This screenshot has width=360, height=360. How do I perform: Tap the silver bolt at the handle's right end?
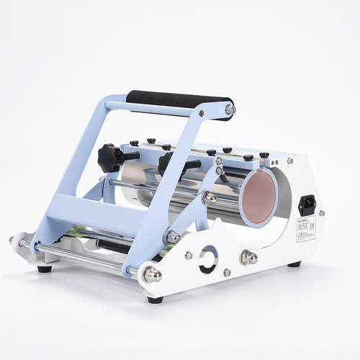point(230,109)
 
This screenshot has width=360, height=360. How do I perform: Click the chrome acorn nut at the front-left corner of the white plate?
point(152,273)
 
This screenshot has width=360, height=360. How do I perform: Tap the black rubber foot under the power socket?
point(294,264)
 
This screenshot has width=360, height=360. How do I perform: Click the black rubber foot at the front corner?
point(154,299)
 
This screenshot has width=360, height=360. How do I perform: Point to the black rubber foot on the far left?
point(45,269)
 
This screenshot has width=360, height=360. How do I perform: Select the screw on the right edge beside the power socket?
point(321,212)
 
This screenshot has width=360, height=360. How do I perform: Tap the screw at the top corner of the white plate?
point(290,161)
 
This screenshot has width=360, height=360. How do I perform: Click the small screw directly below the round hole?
point(227,272)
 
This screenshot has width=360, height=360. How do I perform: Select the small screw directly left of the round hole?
point(189,255)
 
